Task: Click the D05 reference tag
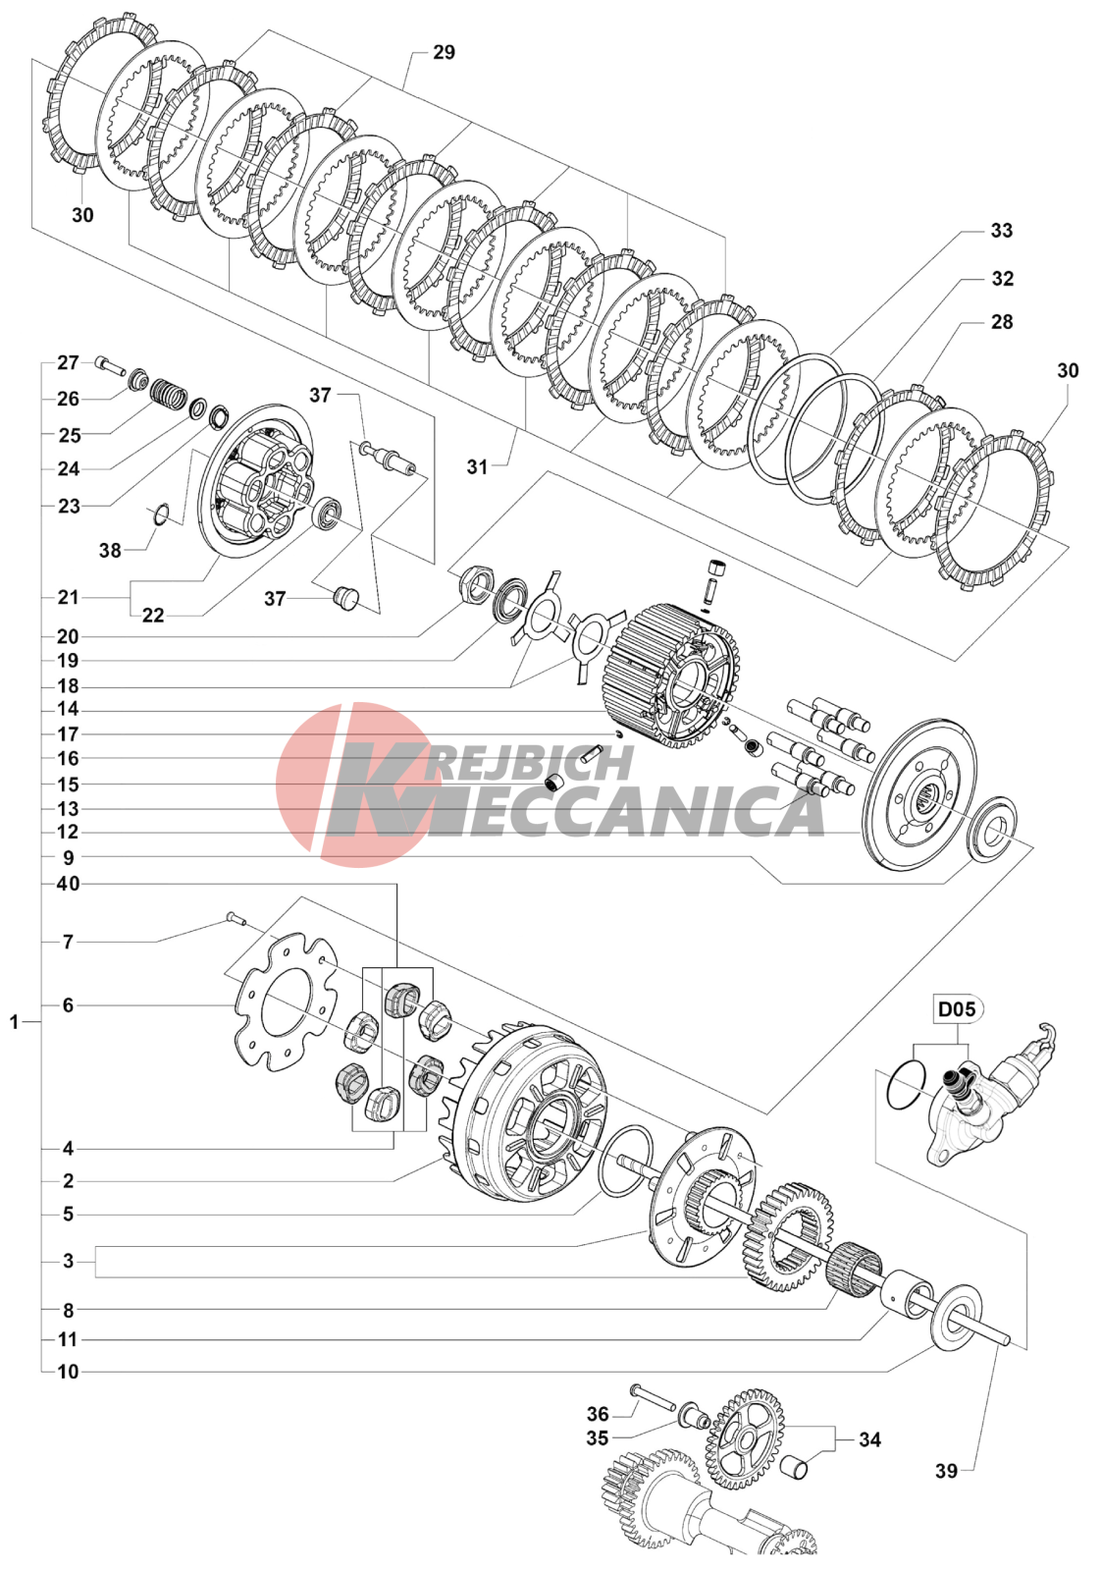tap(958, 1009)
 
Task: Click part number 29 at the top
tap(444, 53)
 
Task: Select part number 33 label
tap(1001, 231)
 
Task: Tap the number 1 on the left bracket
tap(14, 1022)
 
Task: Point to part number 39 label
tap(946, 1471)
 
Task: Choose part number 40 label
tap(68, 884)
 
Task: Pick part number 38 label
tap(110, 551)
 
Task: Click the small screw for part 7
tap(235, 919)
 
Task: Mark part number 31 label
tap(477, 466)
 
